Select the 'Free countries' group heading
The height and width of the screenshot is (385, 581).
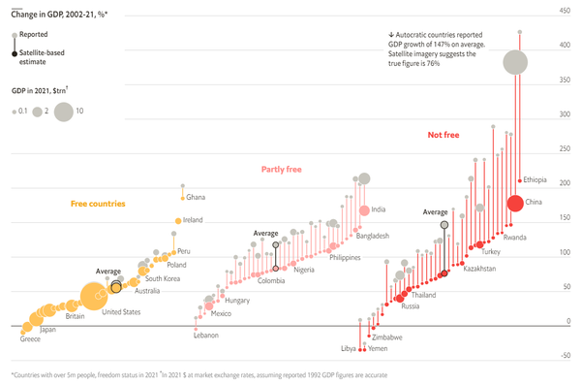click(98, 204)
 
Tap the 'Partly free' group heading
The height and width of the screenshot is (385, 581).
click(282, 169)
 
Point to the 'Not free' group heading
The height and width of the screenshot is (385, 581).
click(443, 135)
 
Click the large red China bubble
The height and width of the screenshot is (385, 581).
click(516, 204)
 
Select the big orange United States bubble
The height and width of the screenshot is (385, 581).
click(93, 296)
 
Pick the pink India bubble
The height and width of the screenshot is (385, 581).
click(364, 210)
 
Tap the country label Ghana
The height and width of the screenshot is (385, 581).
click(196, 197)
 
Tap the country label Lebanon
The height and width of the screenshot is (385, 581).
click(206, 336)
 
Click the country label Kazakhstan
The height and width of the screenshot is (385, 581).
click(479, 268)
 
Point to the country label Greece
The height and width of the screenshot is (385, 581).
click(30, 339)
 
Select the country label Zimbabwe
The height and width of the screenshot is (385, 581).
click(387, 337)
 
